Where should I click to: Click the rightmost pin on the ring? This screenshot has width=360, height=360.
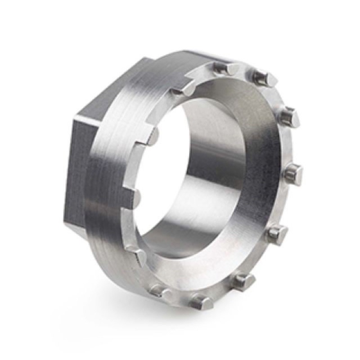[293, 173]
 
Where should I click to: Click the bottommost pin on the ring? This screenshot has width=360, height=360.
[202, 301]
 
